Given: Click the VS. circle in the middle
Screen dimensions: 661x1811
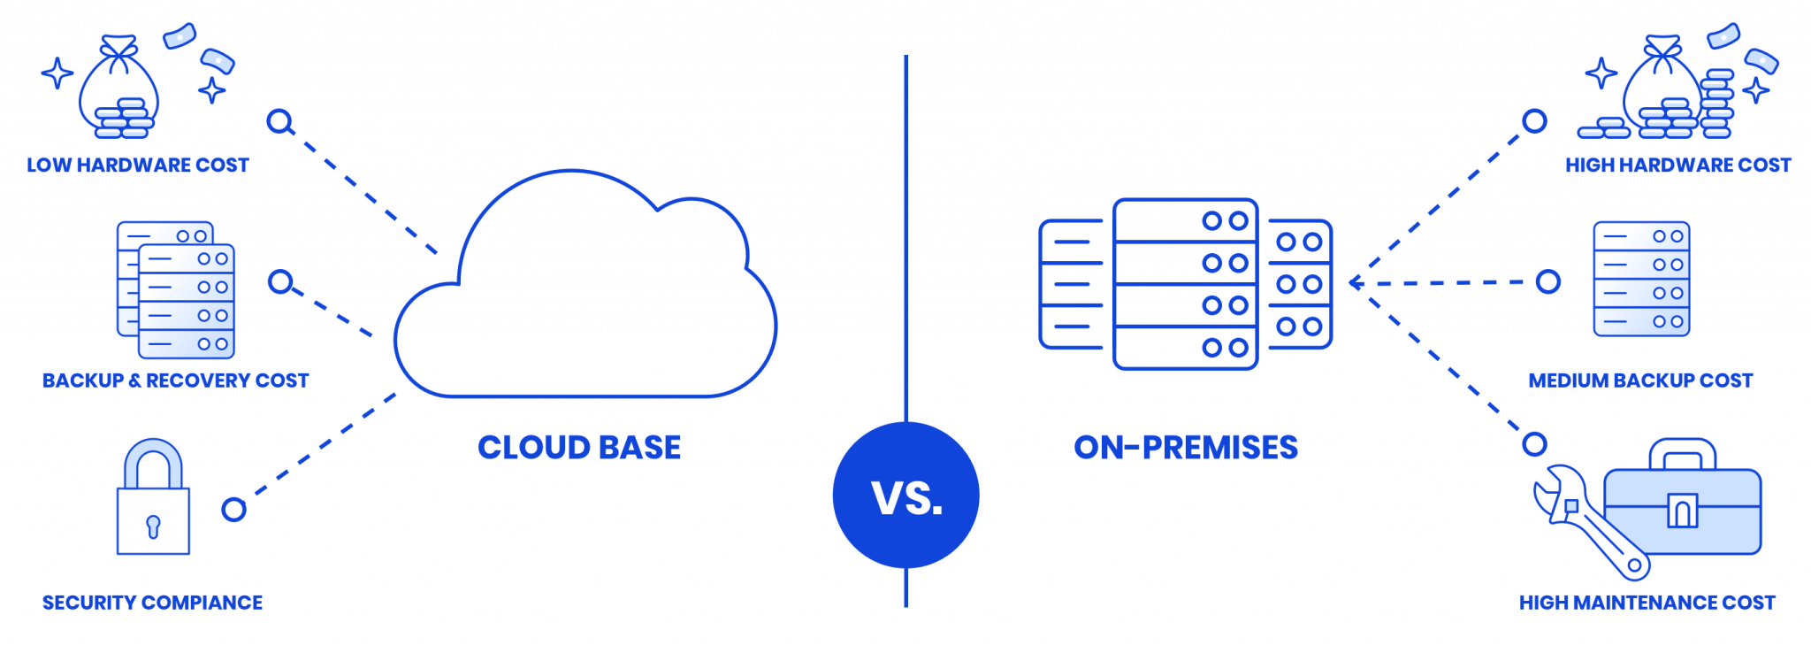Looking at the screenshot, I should (905, 496).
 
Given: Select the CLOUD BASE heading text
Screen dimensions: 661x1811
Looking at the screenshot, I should (579, 447).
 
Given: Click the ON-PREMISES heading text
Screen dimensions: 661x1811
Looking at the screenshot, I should (1186, 447).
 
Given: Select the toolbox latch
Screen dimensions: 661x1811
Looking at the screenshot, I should (1681, 510).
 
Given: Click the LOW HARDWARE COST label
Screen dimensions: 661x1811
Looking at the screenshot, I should (138, 165).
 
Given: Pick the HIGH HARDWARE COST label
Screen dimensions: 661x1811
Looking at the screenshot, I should (1678, 165).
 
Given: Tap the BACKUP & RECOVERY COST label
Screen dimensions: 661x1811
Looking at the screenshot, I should (175, 381).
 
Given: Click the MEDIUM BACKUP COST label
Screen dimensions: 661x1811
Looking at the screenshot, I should (1640, 381).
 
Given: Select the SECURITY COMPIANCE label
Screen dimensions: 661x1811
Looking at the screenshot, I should (153, 603).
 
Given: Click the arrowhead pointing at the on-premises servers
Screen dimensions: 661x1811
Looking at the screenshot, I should (1357, 283).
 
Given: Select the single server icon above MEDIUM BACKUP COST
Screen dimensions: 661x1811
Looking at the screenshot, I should (1641, 280).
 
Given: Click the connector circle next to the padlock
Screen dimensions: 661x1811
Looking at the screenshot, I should (233, 509).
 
